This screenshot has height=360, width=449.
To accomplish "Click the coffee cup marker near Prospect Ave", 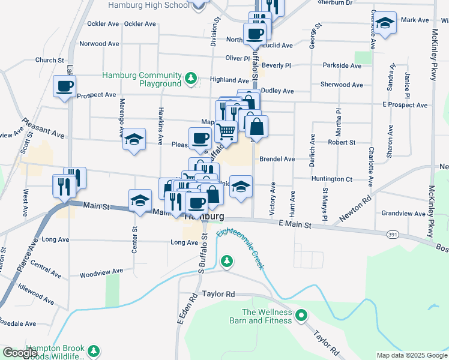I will coord(64,86).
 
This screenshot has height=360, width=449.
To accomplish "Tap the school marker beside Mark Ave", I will coord(386,23).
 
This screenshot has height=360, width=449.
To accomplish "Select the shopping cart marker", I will coord(226,129).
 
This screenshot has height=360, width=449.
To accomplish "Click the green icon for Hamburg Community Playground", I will coord(190,78).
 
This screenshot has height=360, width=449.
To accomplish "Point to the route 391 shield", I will coord(393,233).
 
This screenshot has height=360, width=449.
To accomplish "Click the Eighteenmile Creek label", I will coord(241,247).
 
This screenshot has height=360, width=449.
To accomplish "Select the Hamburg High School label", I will coord(148,5).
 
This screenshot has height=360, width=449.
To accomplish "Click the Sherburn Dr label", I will coord(336,3).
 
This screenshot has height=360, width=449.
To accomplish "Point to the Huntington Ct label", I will coord(331,179).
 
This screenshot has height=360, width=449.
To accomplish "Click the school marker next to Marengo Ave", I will coord(134,140).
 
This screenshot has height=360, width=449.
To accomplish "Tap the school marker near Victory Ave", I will coord(241,187).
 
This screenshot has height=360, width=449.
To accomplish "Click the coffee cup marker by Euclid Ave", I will coord(255,34).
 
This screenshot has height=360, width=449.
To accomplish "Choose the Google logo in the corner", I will coord(20,353).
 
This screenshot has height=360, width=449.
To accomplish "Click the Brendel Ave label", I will coord(277,159).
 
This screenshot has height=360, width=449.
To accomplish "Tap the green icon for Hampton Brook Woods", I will coord(93,350).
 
